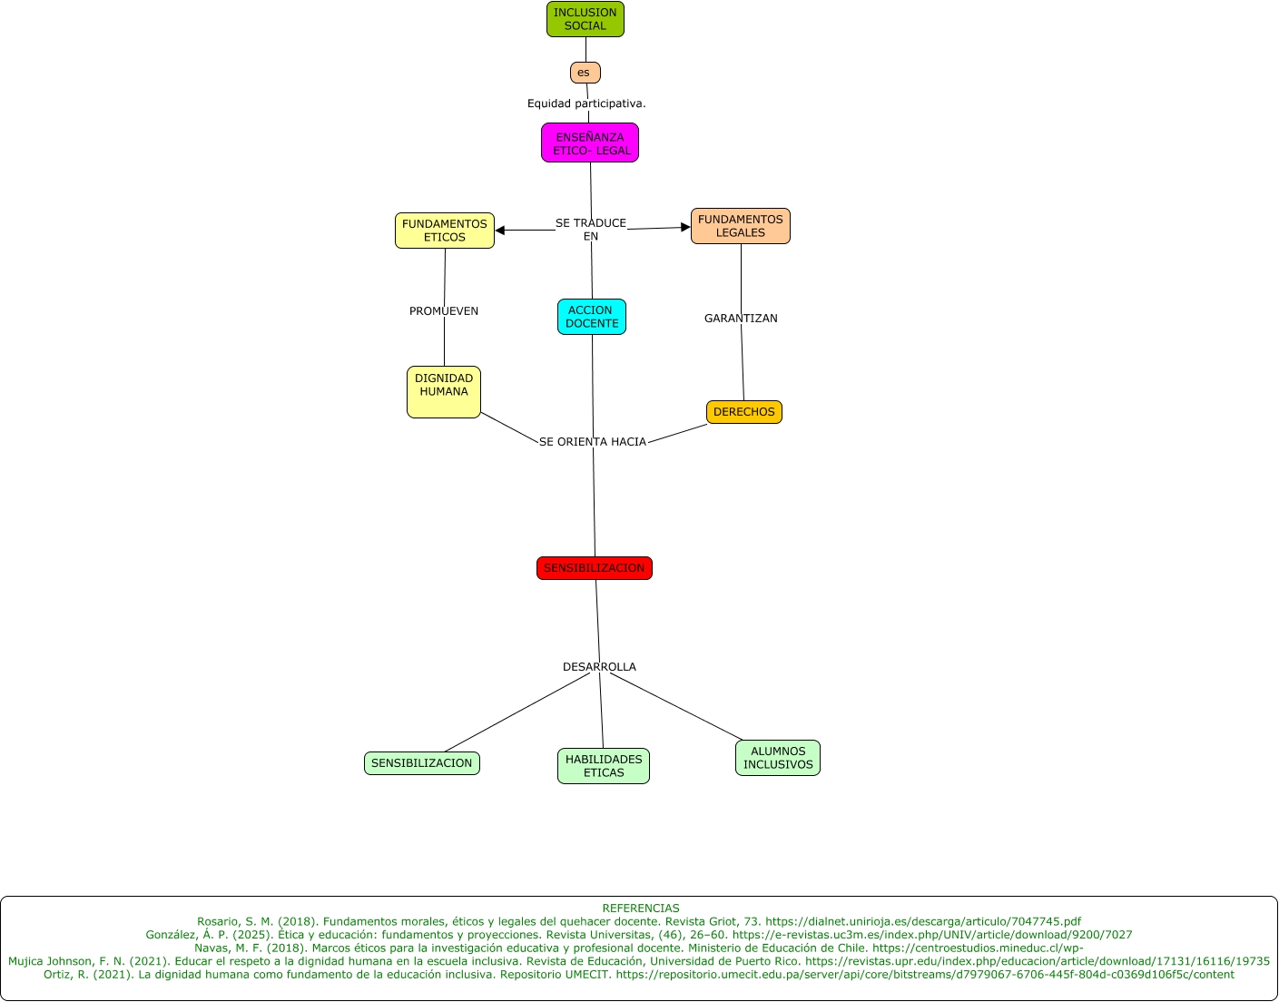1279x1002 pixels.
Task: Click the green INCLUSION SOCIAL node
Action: pyautogui.click(x=585, y=19)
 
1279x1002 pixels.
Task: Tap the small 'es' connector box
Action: pyautogui.click(x=585, y=73)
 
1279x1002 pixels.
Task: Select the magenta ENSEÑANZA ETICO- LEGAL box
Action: pyautogui.click(x=590, y=143)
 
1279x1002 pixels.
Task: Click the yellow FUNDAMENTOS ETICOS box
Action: pyautogui.click(x=445, y=231)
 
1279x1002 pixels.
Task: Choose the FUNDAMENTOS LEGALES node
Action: pyautogui.click(x=741, y=226)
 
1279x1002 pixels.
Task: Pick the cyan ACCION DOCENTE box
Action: pyautogui.click(x=592, y=317)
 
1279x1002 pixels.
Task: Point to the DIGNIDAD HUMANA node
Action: pyautogui.click(x=444, y=392)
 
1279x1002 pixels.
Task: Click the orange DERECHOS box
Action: pyautogui.click(x=744, y=412)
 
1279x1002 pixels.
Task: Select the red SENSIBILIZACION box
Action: pyautogui.click(x=595, y=568)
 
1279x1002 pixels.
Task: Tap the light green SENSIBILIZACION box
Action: pyautogui.click(x=422, y=763)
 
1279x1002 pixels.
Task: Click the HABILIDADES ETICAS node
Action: pyautogui.click(x=604, y=766)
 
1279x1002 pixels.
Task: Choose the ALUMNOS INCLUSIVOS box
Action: pyautogui.click(x=778, y=758)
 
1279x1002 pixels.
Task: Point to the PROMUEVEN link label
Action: pyautogui.click(x=444, y=311)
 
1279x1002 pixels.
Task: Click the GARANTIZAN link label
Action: pyautogui.click(x=741, y=319)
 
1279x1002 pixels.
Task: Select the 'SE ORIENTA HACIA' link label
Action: pyautogui.click(x=593, y=442)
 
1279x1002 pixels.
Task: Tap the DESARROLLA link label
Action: pyautogui.click(x=599, y=667)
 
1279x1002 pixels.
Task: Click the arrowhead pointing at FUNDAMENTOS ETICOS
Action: pyautogui.click(x=500, y=231)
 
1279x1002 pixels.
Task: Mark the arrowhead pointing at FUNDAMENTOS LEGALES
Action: pyautogui.click(x=685, y=227)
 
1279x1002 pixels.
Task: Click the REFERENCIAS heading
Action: pyautogui.click(x=640, y=909)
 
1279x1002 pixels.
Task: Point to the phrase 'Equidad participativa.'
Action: pyautogui.click(x=586, y=103)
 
